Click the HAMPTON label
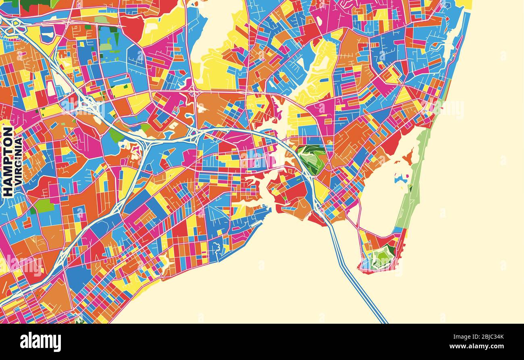coord(8,162)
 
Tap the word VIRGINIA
coord(18,162)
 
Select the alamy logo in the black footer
coord(40,341)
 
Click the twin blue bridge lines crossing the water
coord(355,278)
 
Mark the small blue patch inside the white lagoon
coord(401,179)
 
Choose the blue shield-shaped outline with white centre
coord(47,34)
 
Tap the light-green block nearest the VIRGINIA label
coord(44,206)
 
